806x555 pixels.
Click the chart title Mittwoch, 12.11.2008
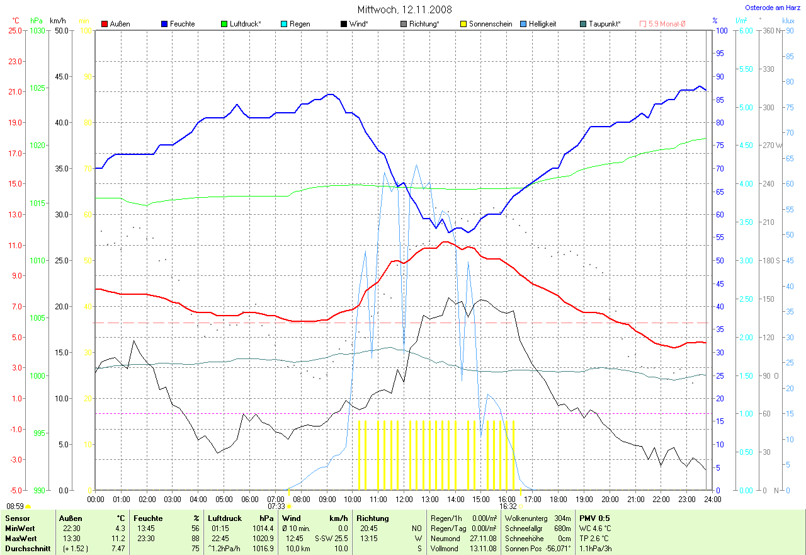coord(404,9)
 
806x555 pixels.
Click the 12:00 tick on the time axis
coord(404,499)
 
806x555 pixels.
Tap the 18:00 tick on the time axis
coord(558,499)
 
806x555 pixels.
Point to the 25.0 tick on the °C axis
coord(14,30)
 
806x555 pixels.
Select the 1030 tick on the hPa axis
coord(37,30)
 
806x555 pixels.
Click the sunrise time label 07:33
coord(276,506)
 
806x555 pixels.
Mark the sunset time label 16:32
coord(508,506)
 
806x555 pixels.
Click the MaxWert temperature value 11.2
coord(118,539)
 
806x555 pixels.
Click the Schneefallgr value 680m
coord(560,529)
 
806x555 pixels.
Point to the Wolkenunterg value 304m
coord(560,518)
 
